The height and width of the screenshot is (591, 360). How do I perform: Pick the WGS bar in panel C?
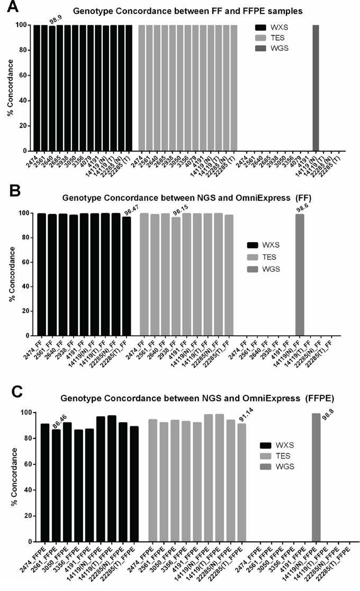pyautogui.click(x=316, y=477)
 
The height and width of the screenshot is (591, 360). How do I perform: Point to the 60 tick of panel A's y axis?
pyautogui.click(x=25, y=75)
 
